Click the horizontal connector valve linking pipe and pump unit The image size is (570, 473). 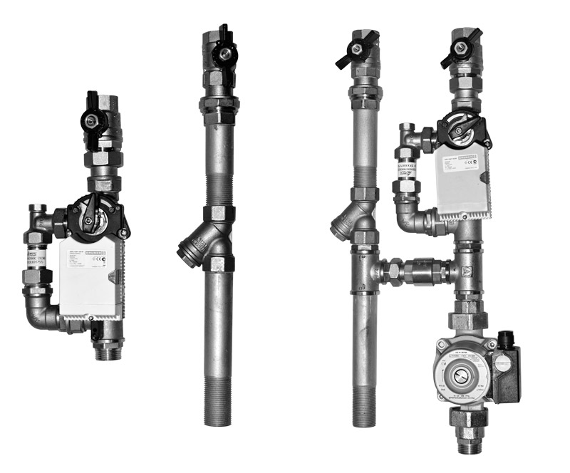pos(418,272)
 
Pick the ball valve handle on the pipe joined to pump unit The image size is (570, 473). pos(355,51)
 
